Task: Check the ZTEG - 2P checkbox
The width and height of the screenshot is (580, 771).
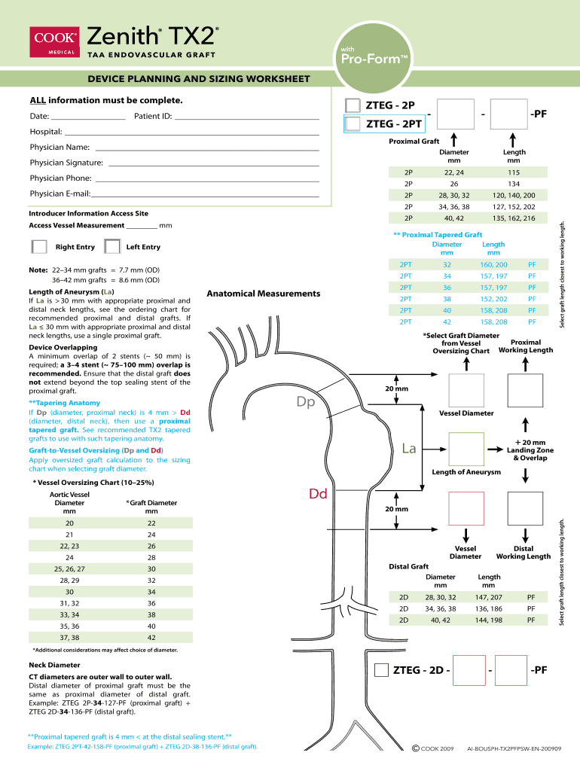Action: pos(353,105)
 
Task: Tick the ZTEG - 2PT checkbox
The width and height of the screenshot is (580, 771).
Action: pos(353,124)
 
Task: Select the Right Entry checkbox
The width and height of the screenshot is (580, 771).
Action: pos(38,246)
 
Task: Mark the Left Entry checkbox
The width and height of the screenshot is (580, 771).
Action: pos(112,246)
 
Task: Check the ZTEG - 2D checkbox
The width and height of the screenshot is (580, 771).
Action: pos(382,669)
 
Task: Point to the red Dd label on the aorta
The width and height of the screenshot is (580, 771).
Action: pos(317,494)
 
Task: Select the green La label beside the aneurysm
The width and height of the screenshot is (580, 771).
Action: pos(409,449)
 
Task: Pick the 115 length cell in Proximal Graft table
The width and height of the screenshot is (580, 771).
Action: pos(514,172)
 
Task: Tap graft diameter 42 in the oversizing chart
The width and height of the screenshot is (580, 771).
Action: pos(151,637)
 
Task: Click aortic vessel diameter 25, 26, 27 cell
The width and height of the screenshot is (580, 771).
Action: pos(70,568)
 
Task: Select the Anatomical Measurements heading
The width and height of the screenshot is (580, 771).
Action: pos(264,294)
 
